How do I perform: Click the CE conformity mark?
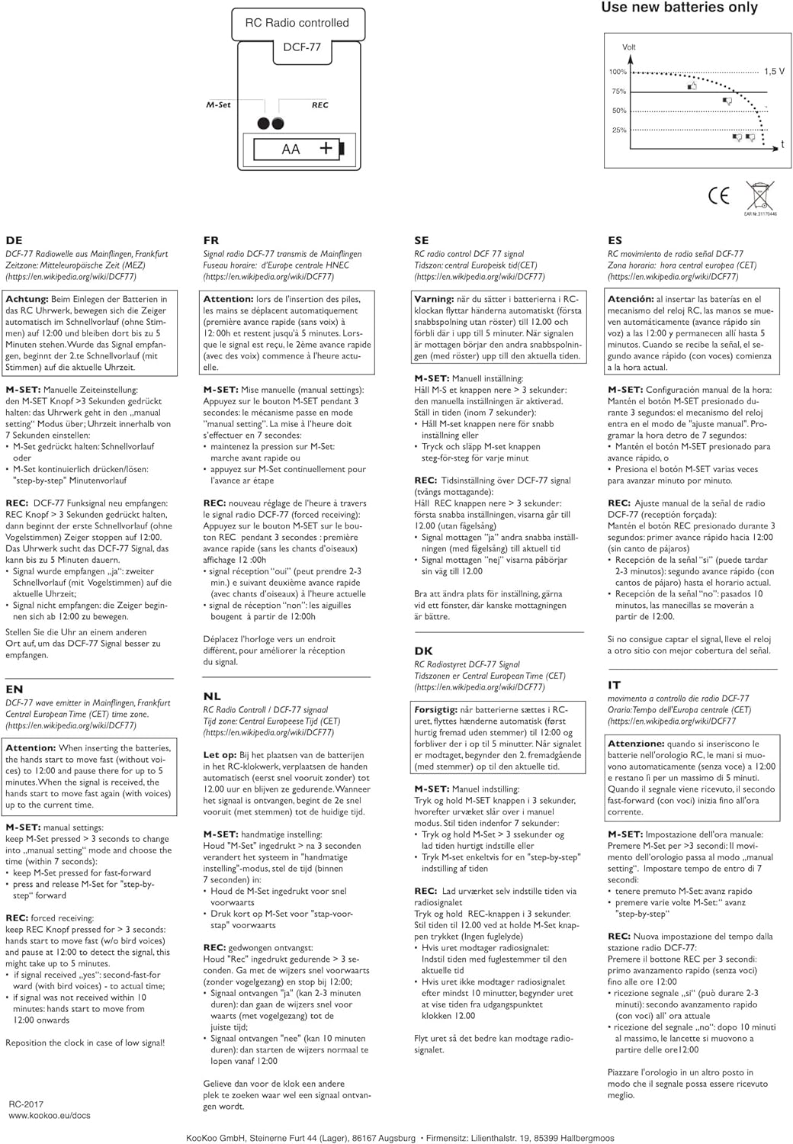click(718, 196)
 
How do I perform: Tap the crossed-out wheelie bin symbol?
click(759, 195)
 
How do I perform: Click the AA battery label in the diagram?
click(291, 149)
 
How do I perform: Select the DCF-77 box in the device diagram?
click(302, 47)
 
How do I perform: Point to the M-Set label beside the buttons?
click(218, 105)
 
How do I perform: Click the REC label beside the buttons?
click(320, 105)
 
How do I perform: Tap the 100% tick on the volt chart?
click(618, 72)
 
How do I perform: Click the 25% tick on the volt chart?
click(618, 130)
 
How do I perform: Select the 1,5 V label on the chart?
click(774, 72)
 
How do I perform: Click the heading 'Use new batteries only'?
click(679, 8)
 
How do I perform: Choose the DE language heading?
click(14, 240)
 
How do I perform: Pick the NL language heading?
click(212, 696)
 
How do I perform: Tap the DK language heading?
click(423, 651)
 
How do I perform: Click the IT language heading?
click(614, 685)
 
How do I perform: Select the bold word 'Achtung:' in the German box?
click(27, 299)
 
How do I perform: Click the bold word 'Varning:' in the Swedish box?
click(434, 299)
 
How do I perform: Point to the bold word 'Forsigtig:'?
click(435, 709)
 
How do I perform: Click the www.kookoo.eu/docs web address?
click(50, 1115)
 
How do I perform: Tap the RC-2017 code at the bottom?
click(26, 1104)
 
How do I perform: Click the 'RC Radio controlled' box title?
click(297, 23)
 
